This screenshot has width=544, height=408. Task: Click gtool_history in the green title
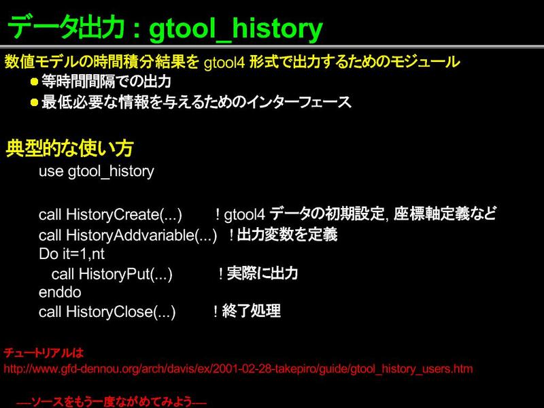tap(236, 29)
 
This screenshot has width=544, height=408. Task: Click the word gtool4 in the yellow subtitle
tap(224, 63)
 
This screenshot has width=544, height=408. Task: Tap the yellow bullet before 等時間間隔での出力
tap(34, 82)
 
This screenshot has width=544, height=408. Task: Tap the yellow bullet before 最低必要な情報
tap(34, 103)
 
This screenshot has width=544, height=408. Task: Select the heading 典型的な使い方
tap(69, 148)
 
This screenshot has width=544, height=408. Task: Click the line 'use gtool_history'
tap(97, 171)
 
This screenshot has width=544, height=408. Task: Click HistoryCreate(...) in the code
tap(124, 215)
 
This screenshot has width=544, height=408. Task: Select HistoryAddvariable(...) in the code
tap(141, 235)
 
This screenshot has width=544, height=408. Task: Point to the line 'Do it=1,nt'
tap(71, 254)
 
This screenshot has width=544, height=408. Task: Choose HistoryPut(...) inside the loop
tap(126, 274)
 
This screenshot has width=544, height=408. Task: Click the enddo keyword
tap(60, 292)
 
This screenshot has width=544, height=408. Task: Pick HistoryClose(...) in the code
tap(121, 311)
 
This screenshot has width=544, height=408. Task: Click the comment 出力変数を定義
tap(287, 235)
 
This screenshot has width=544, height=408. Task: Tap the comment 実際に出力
tap(262, 273)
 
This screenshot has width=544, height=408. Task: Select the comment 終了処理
tap(251, 311)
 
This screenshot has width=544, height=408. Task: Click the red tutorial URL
tap(238, 369)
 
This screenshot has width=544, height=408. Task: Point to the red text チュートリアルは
tap(44, 353)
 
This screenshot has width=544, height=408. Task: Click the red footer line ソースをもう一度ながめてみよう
tap(112, 402)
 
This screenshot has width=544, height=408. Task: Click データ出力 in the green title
tap(66, 28)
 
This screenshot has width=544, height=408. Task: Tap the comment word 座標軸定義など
tap(445, 214)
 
